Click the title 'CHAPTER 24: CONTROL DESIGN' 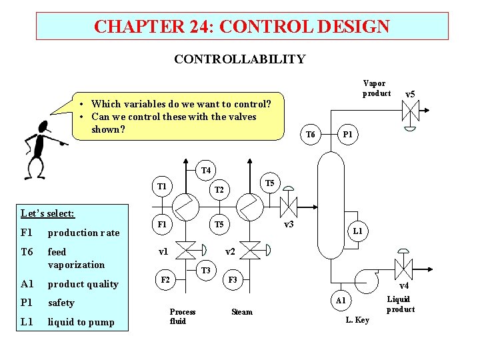[241, 27]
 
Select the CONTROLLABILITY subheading [239, 59]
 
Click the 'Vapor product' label [376, 88]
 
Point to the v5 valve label [410, 95]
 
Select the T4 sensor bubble [205, 171]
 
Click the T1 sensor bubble [161, 185]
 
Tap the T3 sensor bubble [205, 271]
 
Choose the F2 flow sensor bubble [165, 280]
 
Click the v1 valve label [163, 252]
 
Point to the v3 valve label [289, 225]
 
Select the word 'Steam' [241, 311]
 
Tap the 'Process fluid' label [182, 316]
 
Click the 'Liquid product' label [400, 304]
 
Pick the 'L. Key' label [357, 320]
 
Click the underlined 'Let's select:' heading [48, 214]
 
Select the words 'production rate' [83, 233]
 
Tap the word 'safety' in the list [61, 303]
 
